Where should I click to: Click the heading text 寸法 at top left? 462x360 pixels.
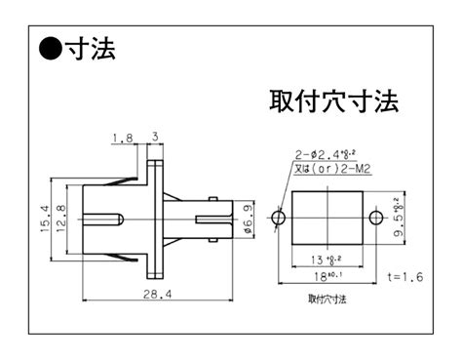[89, 48]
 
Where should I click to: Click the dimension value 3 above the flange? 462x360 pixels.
[155, 138]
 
